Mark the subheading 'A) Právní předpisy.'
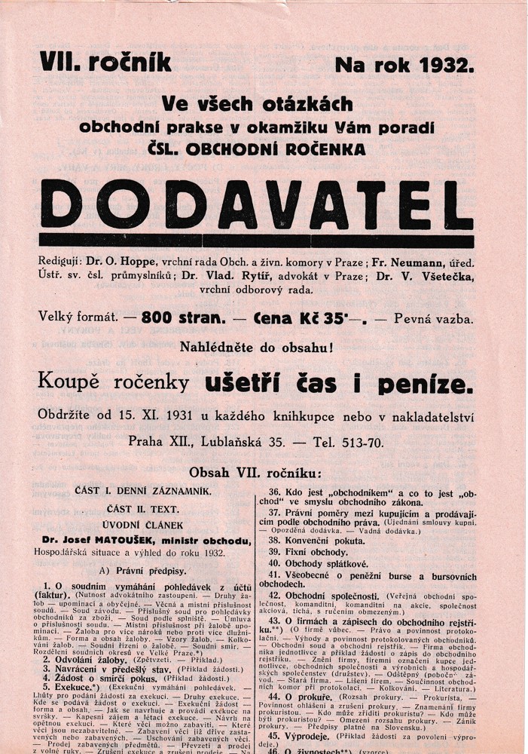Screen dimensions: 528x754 tap(126, 570)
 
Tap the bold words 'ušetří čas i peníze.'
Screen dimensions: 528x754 tap(340, 385)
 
